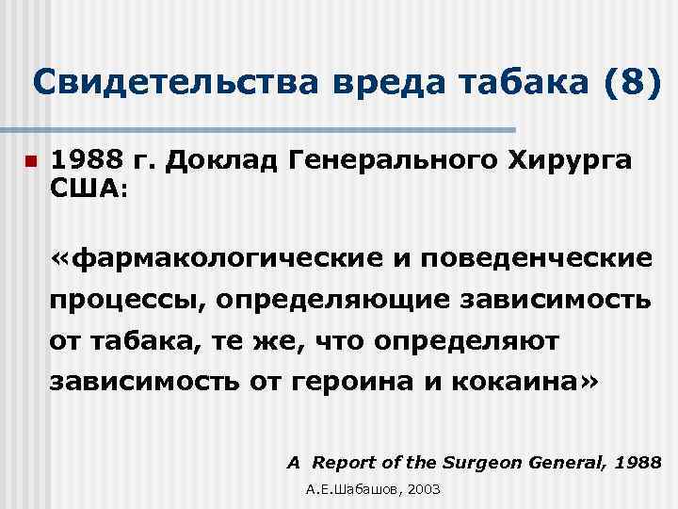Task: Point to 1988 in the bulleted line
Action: [x=88, y=161]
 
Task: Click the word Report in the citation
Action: [x=344, y=462]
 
